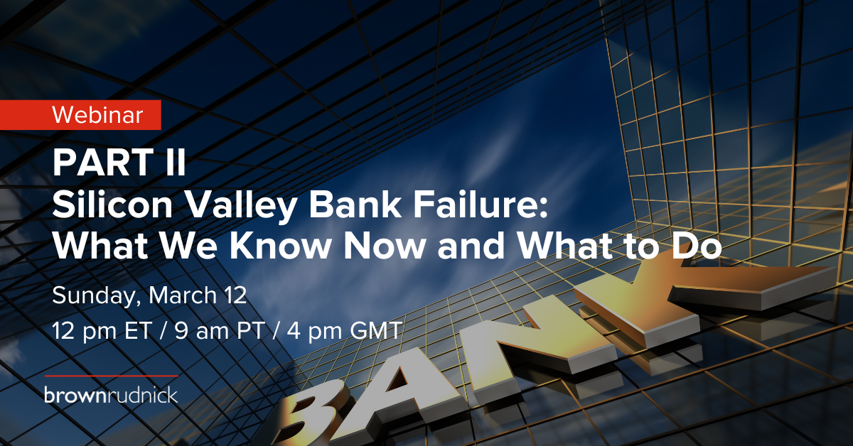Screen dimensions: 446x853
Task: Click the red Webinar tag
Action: [x=80, y=114]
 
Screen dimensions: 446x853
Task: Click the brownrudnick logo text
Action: [x=111, y=395]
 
